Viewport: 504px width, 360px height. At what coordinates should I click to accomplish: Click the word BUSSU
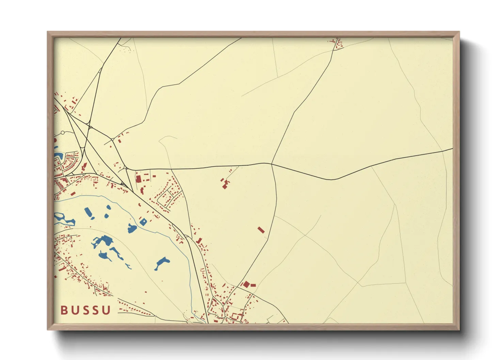86,310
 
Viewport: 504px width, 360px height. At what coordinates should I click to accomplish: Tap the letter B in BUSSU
64,310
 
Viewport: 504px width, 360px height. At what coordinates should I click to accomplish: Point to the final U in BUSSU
107,310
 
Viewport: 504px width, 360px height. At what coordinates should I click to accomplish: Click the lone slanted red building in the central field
261,230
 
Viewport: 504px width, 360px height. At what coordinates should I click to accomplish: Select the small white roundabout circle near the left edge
62,133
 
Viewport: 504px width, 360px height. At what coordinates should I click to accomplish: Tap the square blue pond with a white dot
143,222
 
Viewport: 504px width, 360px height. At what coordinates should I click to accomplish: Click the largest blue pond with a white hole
103,241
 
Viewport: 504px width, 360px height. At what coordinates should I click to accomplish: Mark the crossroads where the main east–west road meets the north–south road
271,164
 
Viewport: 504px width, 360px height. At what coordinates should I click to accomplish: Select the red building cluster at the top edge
337,44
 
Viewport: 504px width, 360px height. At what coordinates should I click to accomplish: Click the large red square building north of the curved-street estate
139,179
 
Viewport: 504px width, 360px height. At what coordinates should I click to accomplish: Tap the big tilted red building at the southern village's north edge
246,284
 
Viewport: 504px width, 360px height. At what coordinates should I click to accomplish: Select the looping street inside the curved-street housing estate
167,196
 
